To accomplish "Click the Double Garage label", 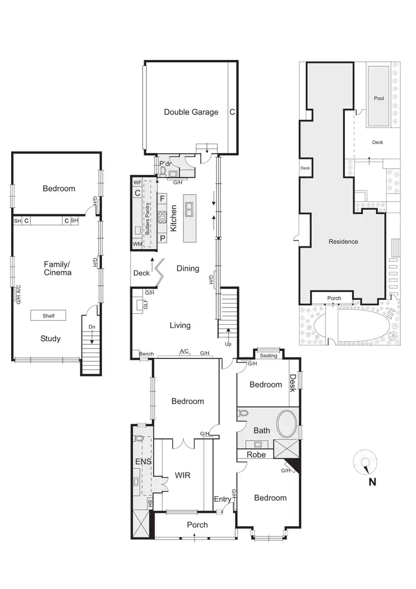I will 191,112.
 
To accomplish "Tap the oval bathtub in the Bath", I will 286,424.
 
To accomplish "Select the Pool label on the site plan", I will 379,98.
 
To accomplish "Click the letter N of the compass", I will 372,482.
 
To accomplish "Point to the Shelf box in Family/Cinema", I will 48,315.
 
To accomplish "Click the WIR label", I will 183,475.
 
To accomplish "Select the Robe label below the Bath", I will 257,455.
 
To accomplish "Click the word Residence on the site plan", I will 343,241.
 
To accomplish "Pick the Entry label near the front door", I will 222,499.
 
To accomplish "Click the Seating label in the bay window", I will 268,356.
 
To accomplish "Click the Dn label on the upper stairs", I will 92,327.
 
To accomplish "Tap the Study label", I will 50,339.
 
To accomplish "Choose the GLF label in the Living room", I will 145,304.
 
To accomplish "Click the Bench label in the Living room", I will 146,354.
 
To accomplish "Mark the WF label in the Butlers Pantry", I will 138,182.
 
